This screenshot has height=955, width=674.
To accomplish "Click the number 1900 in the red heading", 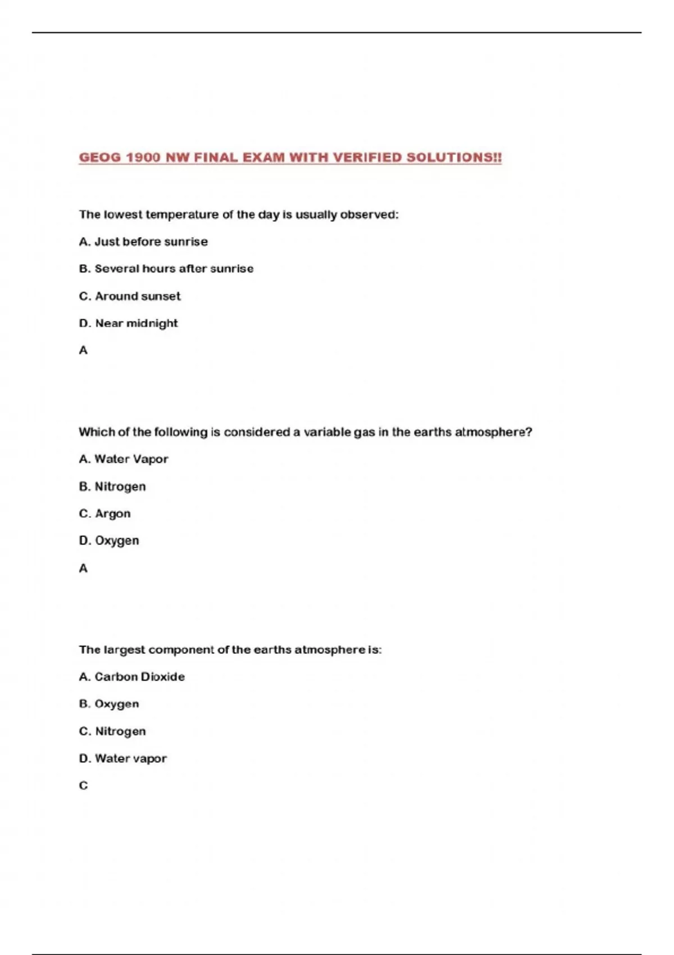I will click(143, 158).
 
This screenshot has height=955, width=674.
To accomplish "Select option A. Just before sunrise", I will click(143, 242).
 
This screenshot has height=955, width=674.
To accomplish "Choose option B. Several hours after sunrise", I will click(166, 269).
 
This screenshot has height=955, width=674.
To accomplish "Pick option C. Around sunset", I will click(130, 296).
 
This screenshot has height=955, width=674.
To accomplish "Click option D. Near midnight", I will click(128, 323).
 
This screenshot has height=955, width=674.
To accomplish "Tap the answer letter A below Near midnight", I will click(83, 351).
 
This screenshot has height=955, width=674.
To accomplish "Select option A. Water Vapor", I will click(124, 459).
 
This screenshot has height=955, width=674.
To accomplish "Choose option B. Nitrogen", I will click(112, 486).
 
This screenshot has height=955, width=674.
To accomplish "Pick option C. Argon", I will click(104, 513).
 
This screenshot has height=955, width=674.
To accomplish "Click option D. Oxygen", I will click(109, 540).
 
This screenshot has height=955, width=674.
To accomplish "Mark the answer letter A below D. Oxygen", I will click(83, 569).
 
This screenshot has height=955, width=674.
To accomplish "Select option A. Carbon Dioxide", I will click(132, 677).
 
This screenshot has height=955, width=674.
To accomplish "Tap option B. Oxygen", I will click(109, 704).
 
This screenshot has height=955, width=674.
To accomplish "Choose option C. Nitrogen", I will click(112, 731).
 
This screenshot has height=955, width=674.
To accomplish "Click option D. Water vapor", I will click(123, 758).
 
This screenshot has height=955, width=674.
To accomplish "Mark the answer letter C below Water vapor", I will click(83, 786).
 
